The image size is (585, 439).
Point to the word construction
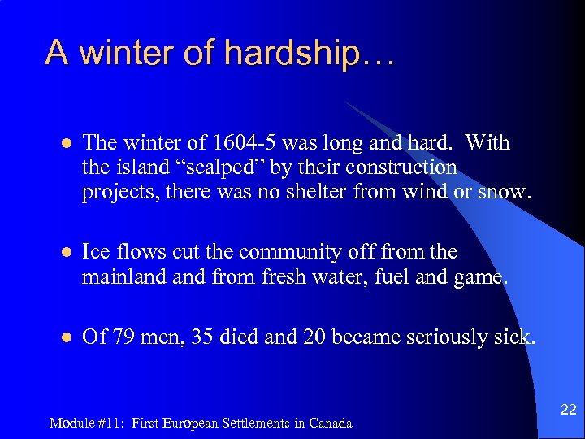click(x=401, y=167)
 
